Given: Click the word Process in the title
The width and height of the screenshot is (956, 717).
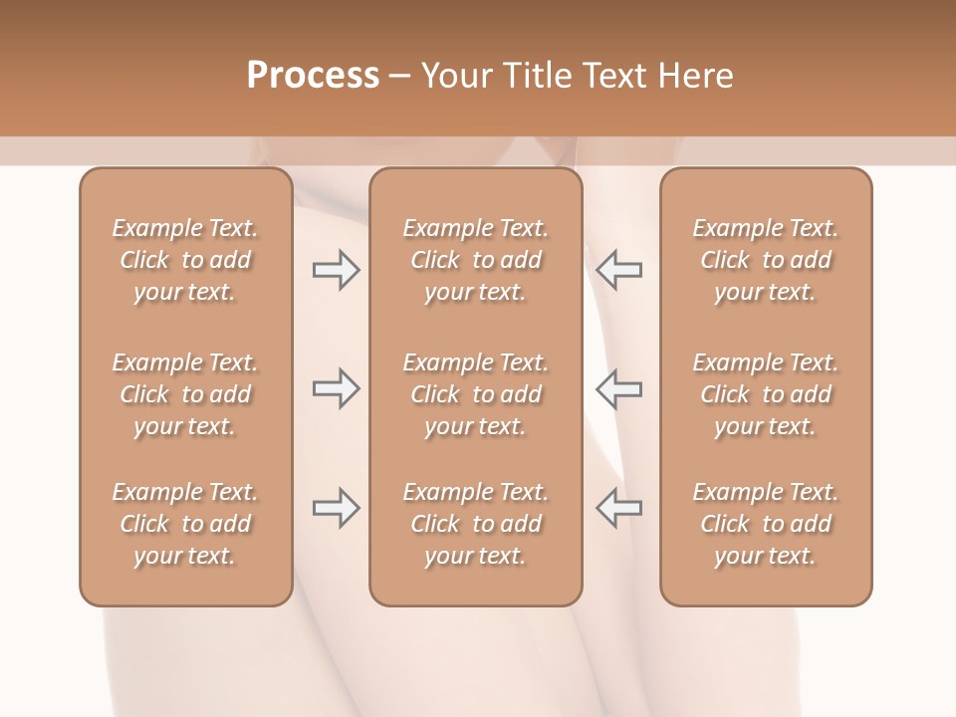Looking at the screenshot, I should click(313, 76).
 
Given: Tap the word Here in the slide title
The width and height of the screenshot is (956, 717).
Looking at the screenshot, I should click(694, 76).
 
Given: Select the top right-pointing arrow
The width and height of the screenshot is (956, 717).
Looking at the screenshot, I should click(336, 269).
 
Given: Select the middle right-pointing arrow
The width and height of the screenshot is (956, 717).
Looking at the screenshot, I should click(336, 388).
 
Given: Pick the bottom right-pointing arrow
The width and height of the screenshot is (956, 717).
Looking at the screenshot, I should click(336, 508).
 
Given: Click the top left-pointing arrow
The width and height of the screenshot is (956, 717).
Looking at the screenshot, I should click(619, 269).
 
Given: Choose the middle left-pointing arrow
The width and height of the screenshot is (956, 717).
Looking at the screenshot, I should click(619, 388).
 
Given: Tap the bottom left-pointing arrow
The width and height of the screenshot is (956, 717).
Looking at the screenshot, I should click(619, 508).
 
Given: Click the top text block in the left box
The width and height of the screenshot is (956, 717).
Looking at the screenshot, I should click(185, 260).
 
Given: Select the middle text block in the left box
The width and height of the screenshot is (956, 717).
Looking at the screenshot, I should click(185, 394).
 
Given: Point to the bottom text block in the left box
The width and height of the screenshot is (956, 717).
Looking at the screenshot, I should click(185, 524).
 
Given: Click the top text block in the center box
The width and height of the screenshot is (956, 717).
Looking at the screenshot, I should click(476, 260).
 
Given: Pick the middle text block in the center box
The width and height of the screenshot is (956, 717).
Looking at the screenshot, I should click(476, 394).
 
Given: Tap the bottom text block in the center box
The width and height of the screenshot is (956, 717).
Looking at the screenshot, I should click(476, 524).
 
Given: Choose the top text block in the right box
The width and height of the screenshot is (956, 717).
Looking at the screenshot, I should click(766, 260).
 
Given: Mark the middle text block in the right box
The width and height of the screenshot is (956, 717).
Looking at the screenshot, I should click(766, 394).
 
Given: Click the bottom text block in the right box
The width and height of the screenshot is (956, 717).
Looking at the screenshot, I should click(766, 524).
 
